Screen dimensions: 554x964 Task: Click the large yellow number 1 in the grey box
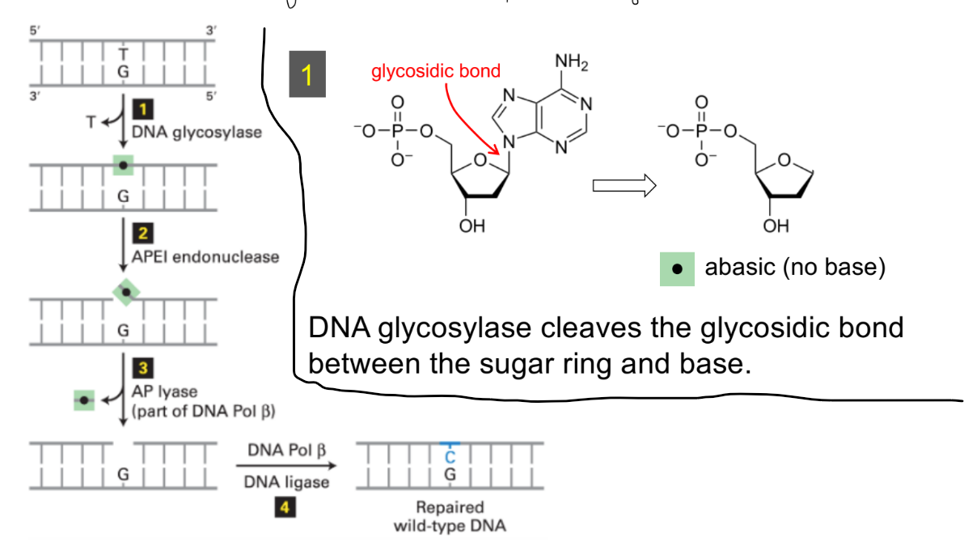click(x=307, y=75)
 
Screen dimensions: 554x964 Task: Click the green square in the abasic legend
click(x=678, y=268)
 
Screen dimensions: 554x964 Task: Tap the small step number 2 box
click(x=142, y=235)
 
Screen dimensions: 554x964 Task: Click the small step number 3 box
click(x=142, y=370)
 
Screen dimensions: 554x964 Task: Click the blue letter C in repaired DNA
click(x=450, y=457)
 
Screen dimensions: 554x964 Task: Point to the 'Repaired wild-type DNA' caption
click(x=450, y=516)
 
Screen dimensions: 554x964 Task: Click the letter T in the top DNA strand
click(x=123, y=53)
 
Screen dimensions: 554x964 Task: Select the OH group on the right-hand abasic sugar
click(x=775, y=226)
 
